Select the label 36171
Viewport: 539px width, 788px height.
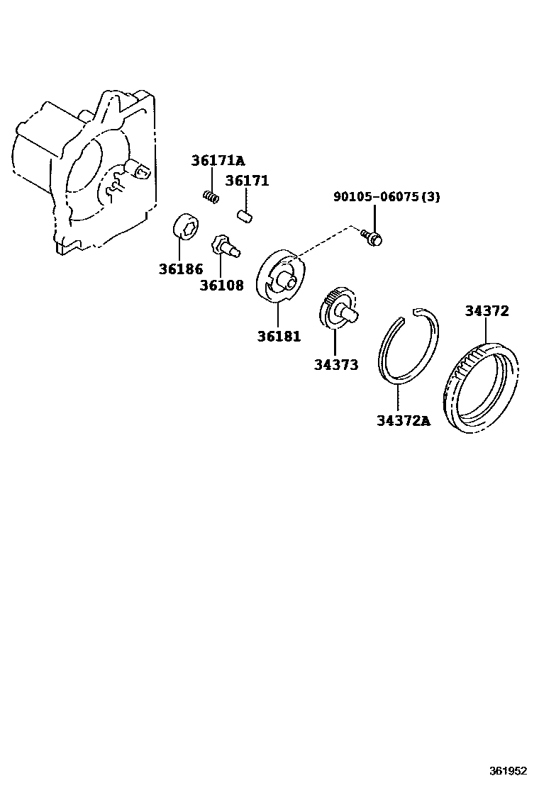(x=247, y=181)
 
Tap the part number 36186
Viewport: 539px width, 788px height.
(x=180, y=269)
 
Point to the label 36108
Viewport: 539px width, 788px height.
(x=221, y=286)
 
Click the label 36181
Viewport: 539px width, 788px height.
(x=279, y=336)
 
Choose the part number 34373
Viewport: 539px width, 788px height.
(x=336, y=365)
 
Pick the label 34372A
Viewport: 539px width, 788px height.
(x=403, y=422)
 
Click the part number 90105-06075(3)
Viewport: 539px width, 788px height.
(x=387, y=197)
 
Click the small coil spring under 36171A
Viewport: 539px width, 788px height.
(x=210, y=194)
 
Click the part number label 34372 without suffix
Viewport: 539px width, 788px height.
(x=487, y=310)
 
